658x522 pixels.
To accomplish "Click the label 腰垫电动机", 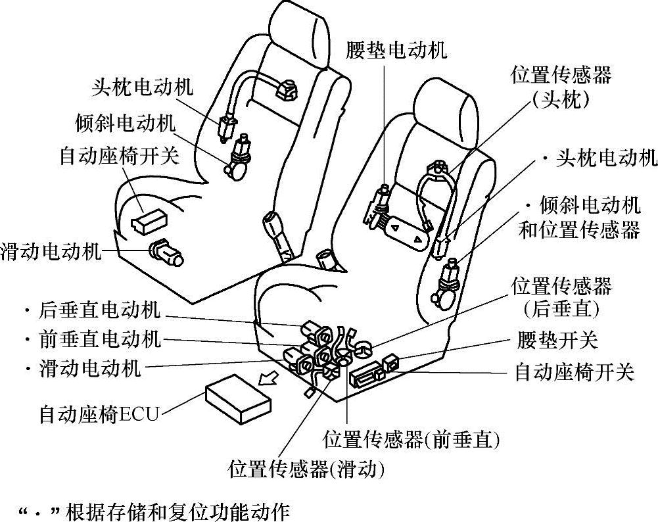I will click(x=396, y=50).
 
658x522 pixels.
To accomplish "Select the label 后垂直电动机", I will click(x=101, y=310).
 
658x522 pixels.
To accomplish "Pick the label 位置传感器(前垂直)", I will click(x=411, y=439).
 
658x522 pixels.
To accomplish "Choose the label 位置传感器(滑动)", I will click(x=306, y=469).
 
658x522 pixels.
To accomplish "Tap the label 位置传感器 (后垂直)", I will click(x=561, y=297).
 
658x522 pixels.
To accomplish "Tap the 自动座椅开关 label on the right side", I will click(x=574, y=372).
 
